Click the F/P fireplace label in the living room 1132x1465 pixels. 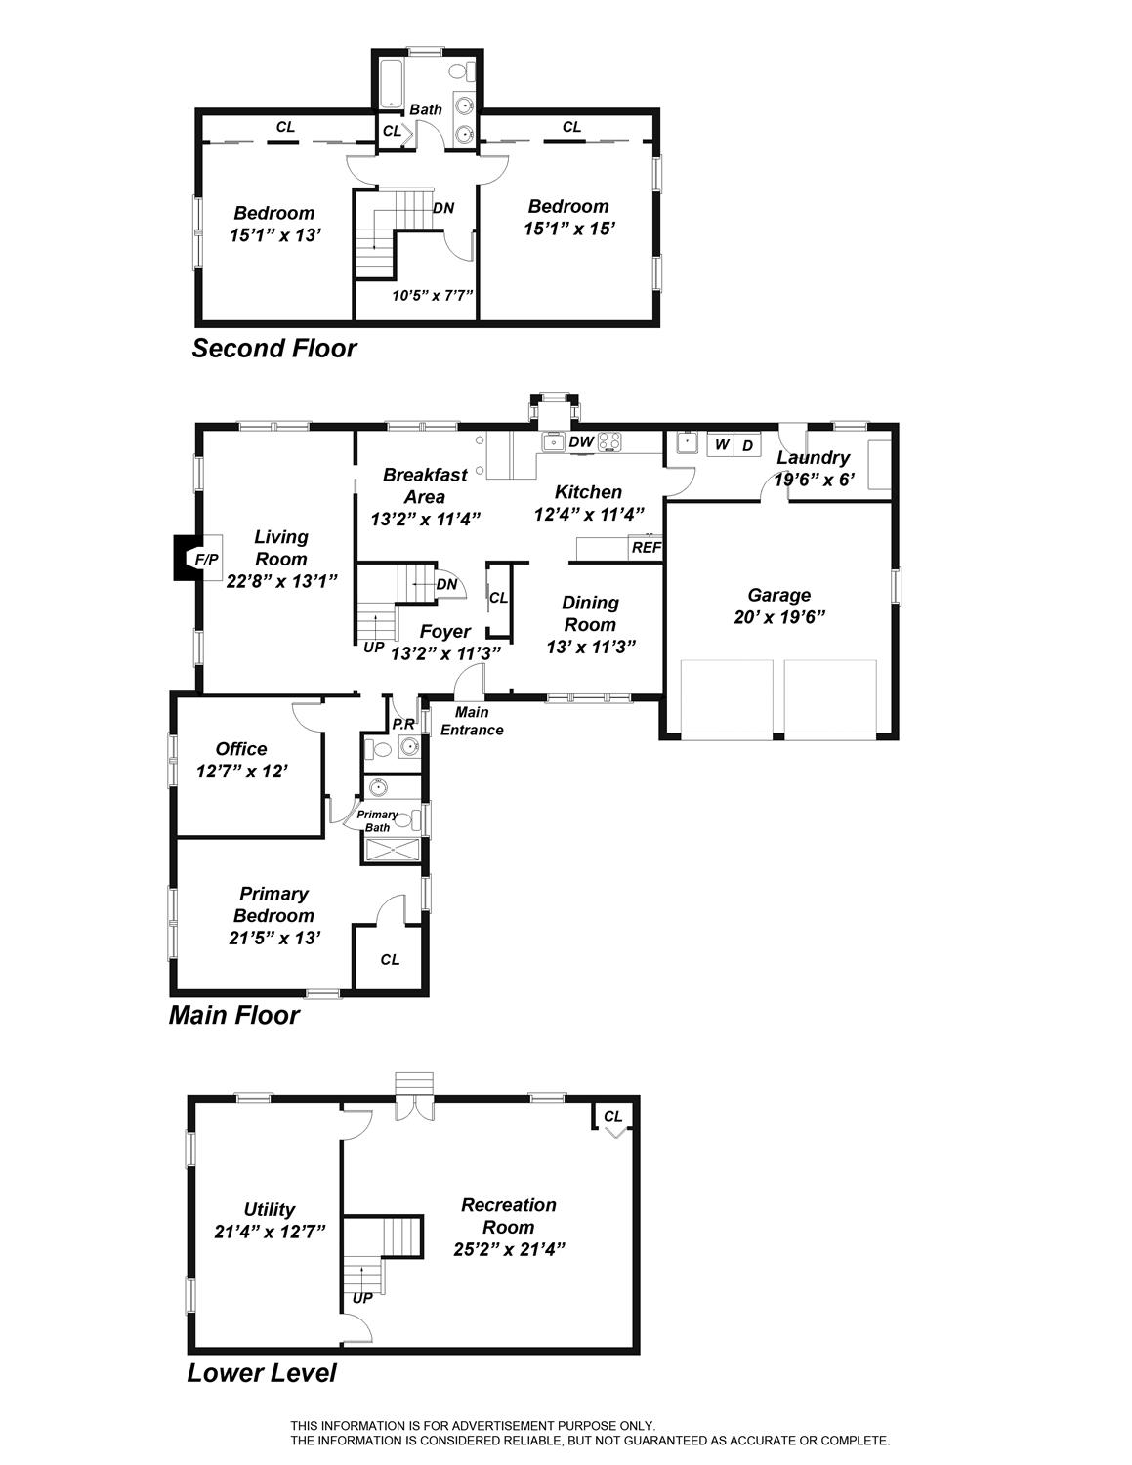tap(206, 559)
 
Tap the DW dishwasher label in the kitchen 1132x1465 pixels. tap(581, 441)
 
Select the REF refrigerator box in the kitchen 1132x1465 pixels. tap(646, 548)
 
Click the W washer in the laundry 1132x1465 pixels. tap(722, 444)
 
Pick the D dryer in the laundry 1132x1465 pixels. tap(747, 445)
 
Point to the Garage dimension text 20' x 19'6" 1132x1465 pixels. tap(779, 617)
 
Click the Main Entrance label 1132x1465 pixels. tap(472, 721)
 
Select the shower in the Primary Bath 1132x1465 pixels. tap(392, 851)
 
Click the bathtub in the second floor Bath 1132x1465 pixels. tap(391, 84)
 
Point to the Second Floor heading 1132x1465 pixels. tap(274, 349)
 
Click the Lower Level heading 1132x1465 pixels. tap(262, 1372)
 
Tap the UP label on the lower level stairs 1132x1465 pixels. tap(362, 1298)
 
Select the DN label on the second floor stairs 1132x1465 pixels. tap(443, 208)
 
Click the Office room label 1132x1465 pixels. tap(241, 749)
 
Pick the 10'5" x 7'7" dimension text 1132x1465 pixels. tap(433, 295)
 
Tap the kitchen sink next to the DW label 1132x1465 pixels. tap(555, 442)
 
